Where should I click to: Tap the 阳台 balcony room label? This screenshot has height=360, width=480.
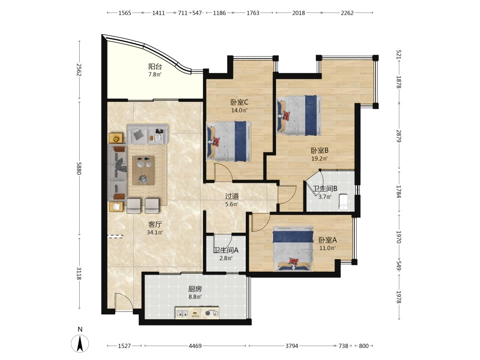click(155, 66)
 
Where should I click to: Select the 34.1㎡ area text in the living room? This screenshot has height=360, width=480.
click(155, 232)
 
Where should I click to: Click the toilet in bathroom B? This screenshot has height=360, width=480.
click(344, 202)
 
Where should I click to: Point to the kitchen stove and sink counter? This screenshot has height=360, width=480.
click(197, 312)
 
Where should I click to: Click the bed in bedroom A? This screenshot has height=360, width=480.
click(293, 249)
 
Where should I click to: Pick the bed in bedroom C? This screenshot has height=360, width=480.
click(229, 141)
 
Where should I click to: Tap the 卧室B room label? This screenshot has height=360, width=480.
click(320, 150)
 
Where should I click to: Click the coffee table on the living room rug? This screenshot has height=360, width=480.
click(143, 170)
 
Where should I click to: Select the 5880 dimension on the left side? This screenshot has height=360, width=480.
click(79, 168)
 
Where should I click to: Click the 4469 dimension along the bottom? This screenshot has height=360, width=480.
click(195, 346)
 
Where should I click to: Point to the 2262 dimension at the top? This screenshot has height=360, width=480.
click(347, 13)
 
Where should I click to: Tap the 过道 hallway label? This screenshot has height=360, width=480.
click(232, 196)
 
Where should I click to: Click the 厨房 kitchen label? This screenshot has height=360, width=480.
click(195, 288)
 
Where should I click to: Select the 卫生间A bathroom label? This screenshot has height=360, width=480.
click(226, 250)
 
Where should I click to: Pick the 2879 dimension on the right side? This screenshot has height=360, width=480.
click(398, 136)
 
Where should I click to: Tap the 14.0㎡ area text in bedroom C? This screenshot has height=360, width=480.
click(239, 110)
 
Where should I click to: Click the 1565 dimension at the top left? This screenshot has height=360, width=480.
click(125, 13)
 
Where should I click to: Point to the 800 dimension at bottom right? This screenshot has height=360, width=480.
click(364, 346)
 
